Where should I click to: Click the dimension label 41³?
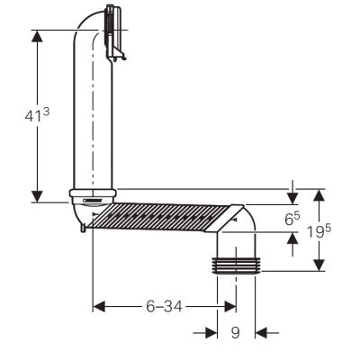(37, 114)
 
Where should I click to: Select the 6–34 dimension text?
(164, 307)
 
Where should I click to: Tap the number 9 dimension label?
(236, 332)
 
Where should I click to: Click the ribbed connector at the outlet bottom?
(236, 265)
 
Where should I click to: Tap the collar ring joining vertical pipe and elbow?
(93, 193)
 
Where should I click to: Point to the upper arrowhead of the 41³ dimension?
(37, 36)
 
